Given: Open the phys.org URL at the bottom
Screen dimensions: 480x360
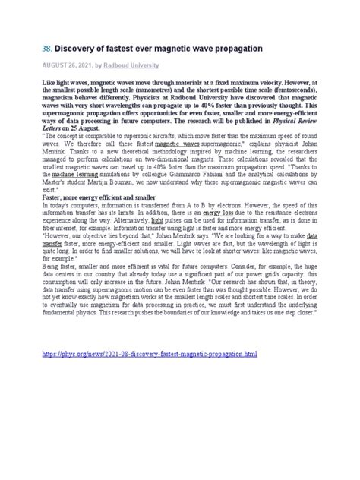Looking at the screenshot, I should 149,355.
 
